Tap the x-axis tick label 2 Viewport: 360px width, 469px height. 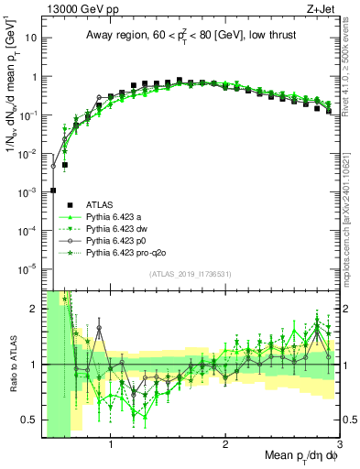click(x=225, y=446)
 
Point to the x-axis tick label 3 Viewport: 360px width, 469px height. click(x=339, y=446)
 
